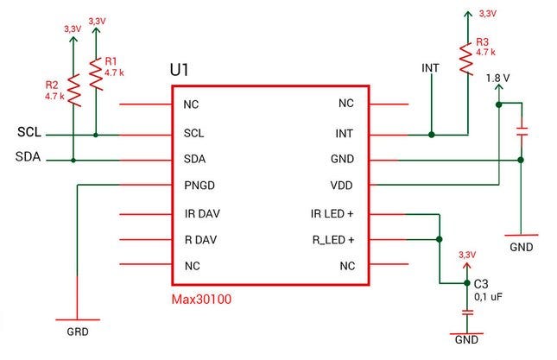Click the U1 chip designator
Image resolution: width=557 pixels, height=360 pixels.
click(182, 69)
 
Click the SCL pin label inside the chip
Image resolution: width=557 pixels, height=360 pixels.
click(193, 134)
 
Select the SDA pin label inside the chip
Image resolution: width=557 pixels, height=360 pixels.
click(193, 160)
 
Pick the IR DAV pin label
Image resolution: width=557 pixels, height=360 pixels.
click(201, 213)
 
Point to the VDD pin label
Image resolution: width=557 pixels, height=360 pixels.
click(343, 186)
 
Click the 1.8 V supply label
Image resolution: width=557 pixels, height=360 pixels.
click(498, 78)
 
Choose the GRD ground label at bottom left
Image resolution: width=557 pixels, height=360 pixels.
click(78, 331)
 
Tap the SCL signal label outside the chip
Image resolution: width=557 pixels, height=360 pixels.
click(29, 133)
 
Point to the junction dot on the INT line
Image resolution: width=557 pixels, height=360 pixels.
click(432, 134)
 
